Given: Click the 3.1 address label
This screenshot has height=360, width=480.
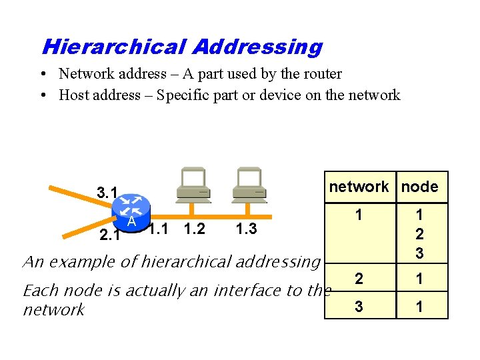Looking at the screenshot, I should [107, 193].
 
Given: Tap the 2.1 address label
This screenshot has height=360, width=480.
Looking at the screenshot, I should [109, 235].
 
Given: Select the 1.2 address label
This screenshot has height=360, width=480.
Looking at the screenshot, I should [194, 229].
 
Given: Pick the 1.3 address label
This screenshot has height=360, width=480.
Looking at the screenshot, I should [247, 229].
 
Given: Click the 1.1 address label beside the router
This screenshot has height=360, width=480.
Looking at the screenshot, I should [157, 229].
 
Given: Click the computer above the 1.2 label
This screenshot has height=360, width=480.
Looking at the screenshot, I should [193, 185].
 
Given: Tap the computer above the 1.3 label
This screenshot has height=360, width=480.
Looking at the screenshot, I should [249, 185].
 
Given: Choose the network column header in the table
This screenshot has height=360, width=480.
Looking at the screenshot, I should [359, 187].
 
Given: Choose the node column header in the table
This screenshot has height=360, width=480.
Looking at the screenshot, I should [420, 187].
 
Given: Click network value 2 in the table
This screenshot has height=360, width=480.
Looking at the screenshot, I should [359, 279].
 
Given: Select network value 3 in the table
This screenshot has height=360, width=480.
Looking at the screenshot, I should [359, 306].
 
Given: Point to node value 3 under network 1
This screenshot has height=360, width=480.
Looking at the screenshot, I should [419, 253].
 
